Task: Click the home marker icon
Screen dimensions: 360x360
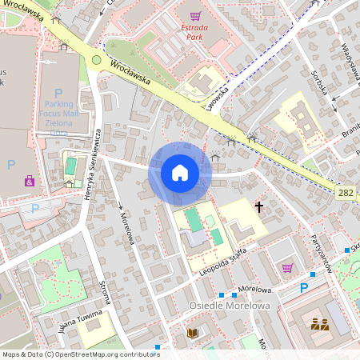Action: [179, 173]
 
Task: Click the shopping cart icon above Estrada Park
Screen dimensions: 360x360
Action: [195, 15]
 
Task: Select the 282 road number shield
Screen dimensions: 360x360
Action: [346, 193]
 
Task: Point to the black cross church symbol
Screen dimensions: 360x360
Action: [258, 207]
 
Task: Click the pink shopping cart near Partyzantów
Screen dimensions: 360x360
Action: [287, 267]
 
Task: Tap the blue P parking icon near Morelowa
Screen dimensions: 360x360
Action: [304, 288]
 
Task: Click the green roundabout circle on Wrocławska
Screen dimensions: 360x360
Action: [96, 60]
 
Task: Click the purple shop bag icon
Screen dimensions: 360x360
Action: [30, 182]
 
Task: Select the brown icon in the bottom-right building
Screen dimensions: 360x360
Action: [319, 324]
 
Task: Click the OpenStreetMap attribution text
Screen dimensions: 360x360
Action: [81, 354]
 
